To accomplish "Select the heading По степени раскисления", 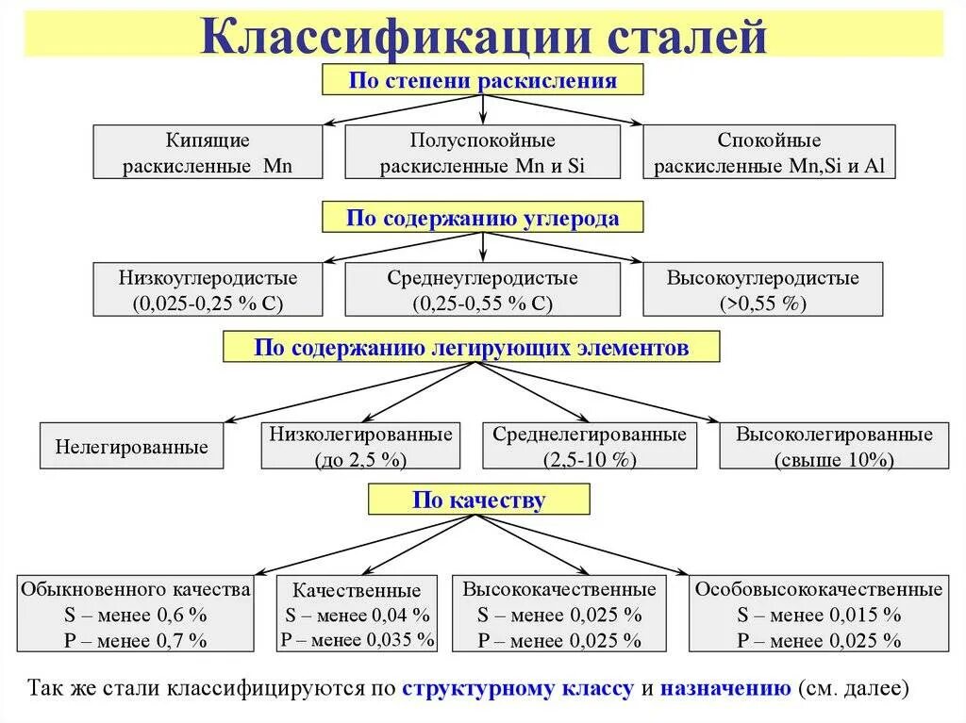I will [x=482, y=80].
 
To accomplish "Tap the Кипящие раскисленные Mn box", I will [x=208, y=153].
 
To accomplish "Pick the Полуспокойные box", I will [x=483, y=153].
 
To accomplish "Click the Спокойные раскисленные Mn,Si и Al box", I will [x=769, y=153].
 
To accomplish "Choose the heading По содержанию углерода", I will [x=482, y=219].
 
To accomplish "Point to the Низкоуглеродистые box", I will [x=208, y=289].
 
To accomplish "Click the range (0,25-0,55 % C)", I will [x=483, y=304].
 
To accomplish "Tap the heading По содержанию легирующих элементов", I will [x=471, y=348].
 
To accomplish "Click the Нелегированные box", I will [x=132, y=447].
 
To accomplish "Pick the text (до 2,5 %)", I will [x=361, y=461].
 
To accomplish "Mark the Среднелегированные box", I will [x=590, y=447].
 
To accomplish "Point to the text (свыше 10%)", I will [x=834, y=461].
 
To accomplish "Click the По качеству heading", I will [x=478, y=500].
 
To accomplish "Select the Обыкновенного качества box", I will [x=136, y=614].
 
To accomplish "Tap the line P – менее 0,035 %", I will [x=357, y=639].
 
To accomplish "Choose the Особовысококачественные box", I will [x=818, y=614].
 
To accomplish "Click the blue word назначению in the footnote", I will [x=725, y=687].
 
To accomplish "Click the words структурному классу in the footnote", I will [x=518, y=687].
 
